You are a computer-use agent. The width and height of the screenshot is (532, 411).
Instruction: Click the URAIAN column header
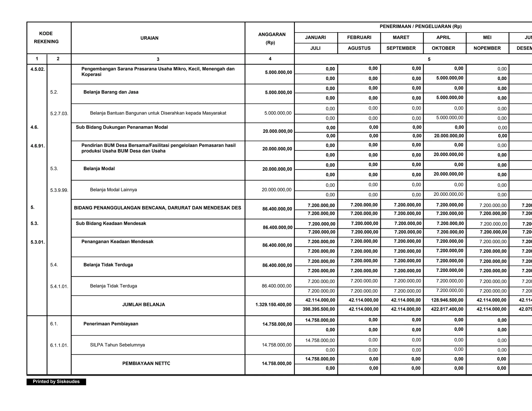coord(149,38)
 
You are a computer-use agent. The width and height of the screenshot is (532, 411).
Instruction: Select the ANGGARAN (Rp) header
coord(271,38)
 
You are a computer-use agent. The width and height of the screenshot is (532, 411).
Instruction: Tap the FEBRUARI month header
coord(359,37)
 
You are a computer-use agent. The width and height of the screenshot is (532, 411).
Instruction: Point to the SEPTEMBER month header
coord(401,48)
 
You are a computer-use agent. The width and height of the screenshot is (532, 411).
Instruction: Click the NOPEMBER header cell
coord(487,48)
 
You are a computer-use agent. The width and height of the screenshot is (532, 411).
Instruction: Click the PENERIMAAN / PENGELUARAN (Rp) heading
coord(421,26)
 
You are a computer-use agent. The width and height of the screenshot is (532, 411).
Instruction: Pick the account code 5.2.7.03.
coord(59,114)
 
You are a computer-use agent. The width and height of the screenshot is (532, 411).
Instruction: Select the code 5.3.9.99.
coord(59,190)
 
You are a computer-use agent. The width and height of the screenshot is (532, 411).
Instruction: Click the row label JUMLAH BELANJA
coord(144,304)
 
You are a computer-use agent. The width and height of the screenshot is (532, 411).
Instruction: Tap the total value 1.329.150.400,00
coord(273,304)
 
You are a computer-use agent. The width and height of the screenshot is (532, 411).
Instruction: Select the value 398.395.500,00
coord(318,309)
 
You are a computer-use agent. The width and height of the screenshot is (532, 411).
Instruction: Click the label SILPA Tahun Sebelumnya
coord(117,345)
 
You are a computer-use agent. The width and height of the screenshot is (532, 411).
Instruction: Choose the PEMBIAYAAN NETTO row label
coord(146,363)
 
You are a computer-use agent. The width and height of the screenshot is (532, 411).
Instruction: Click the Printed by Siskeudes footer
coord(56,381)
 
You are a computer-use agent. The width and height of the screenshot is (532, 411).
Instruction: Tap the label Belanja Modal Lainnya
coord(113,190)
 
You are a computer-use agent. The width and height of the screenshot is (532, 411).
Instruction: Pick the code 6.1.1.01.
coord(59,346)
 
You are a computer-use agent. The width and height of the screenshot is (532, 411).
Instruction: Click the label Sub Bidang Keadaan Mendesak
coord(111,223)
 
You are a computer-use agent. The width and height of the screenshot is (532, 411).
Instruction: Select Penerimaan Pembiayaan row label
coord(111,324)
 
